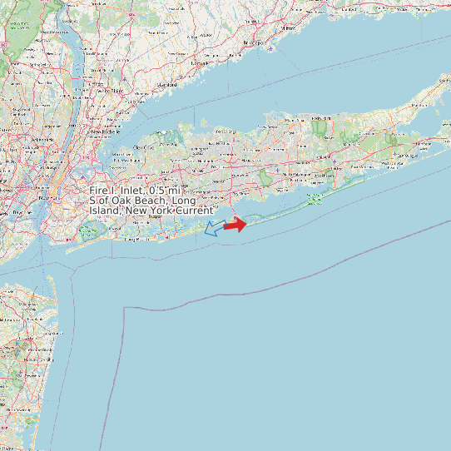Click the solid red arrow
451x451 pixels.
click(x=236, y=224)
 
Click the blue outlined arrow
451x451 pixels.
click(x=215, y=228)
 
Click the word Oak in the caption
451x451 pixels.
click(x=121, y=201)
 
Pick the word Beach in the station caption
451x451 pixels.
click(x=151, y=201)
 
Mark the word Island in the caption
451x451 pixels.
click(x=105, y=211)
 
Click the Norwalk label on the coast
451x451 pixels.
click(x=199, y=62)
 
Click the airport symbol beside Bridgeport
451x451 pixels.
click(x=271, y=47)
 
